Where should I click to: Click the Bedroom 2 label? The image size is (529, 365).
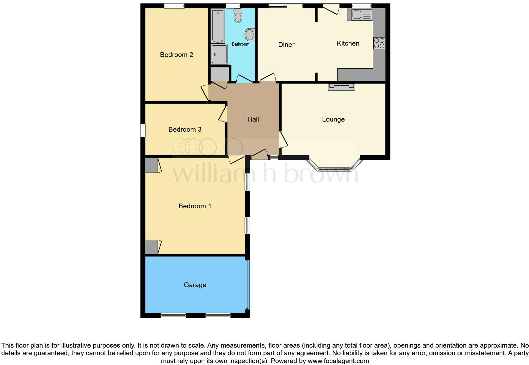pos(176,55)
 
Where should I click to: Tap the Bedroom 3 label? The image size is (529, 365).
pos(185,129)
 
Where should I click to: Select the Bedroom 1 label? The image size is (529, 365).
pos(195,206)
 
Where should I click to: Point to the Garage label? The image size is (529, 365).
pos(195,285)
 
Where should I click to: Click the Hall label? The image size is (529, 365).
pos(253,119)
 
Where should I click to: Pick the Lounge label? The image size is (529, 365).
pos(333,119)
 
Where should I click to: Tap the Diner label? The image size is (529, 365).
pos(286,45)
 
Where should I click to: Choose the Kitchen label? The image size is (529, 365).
pos(348,43)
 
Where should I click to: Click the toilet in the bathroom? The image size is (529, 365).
pos(238,16)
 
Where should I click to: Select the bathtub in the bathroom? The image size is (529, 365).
pos(218,26)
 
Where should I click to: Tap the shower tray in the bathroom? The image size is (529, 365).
pos(219,54)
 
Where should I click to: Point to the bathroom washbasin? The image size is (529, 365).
pos(250,35)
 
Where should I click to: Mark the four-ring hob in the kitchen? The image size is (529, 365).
pos(379,43)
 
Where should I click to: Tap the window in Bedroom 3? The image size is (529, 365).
pos(143,130)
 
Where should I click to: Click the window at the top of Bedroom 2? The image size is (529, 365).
pos(174,5)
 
